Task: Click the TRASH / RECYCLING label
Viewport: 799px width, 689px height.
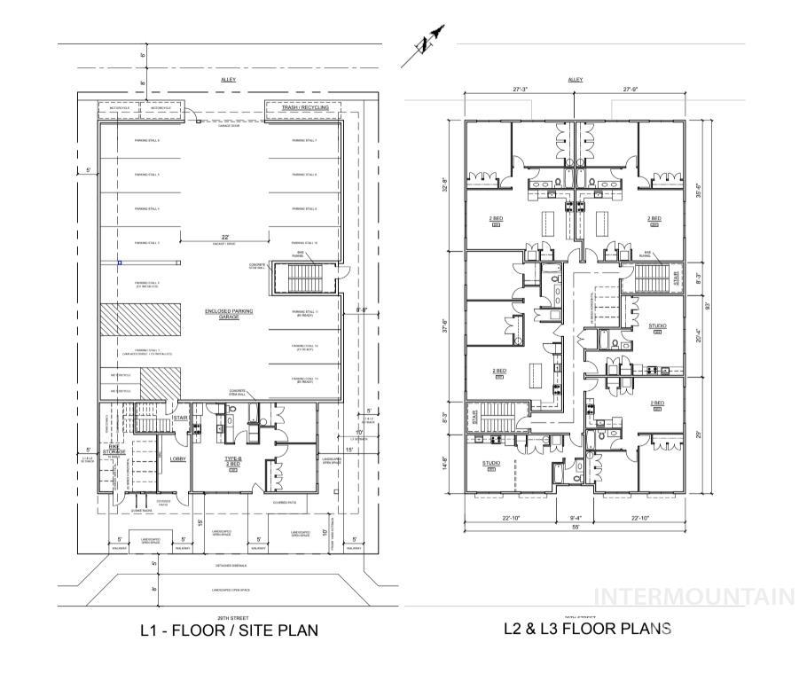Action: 305,108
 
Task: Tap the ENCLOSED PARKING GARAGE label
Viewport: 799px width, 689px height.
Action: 229,314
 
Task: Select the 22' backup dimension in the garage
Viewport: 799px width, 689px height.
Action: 227,237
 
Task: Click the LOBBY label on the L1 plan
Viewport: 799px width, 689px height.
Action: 177,459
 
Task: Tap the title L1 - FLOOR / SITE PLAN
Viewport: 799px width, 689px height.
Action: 229,631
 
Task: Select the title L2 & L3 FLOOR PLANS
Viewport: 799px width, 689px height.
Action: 587,629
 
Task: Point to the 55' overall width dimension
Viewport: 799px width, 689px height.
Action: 576,527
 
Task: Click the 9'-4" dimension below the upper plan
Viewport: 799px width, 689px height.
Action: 575,519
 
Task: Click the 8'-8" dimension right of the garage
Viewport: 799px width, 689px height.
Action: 362,310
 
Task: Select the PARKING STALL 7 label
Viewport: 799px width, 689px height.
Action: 304,140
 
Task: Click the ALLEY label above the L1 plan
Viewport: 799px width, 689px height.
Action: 229,80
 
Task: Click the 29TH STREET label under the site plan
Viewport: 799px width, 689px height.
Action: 229,618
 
